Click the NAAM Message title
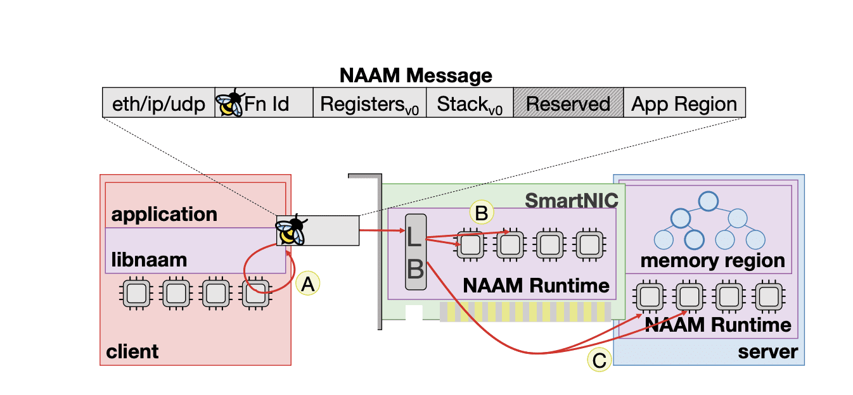pos(416,76)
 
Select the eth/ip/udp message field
pos(158,103)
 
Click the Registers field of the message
pos(369,104)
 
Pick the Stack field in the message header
pos(470,104)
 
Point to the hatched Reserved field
pos(568,103)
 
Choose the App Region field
pos(684,103)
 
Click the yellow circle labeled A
pos(307,285)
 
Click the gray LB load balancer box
pos(415,252)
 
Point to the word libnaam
pos(150,260)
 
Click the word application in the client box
pos(164,214)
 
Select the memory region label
pos(712,260)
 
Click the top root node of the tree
pos(708,201)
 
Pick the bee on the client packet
pos(291,230)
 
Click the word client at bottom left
pos(133,350)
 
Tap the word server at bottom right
pos(767,351)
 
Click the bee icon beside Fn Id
pos(230,103)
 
